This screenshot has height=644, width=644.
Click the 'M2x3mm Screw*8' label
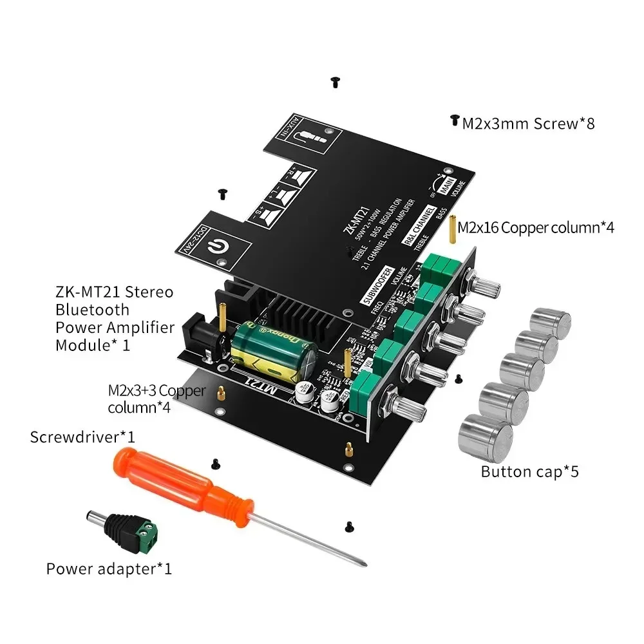click(x=528, y=123)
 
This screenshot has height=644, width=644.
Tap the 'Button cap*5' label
click(x=529, y=471)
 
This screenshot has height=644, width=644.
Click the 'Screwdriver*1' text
click(x=82, y=437)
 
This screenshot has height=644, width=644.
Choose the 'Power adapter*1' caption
click(x=109, y=569)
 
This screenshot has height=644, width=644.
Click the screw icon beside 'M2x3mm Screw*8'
click(x=454, y=120)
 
